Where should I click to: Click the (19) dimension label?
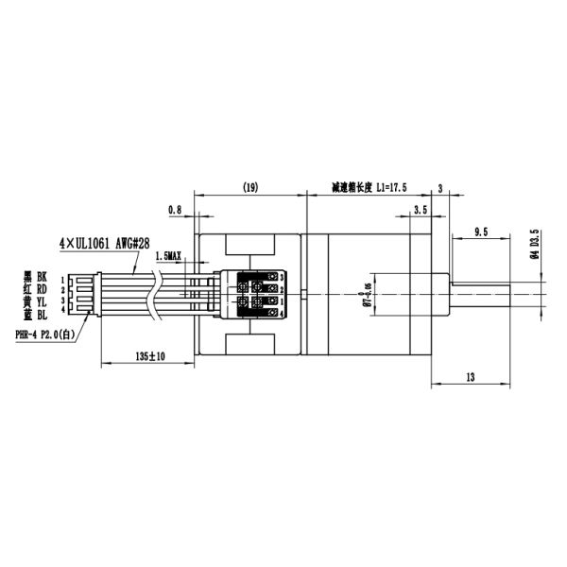[x=250, y=188]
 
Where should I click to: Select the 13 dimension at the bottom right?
[x=470, y=377]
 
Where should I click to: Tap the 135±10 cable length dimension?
[x=145, y=356]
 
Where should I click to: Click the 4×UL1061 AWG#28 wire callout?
[x=104, y=243]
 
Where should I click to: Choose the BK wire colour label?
[x=42, y=277]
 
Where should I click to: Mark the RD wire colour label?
[x=42, y=288]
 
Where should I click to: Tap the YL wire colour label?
[x=42, y=300]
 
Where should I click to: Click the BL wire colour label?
[x=42, y=311]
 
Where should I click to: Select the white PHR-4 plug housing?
[x=82, y=294]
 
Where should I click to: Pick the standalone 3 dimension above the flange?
[x=440, y=188]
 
